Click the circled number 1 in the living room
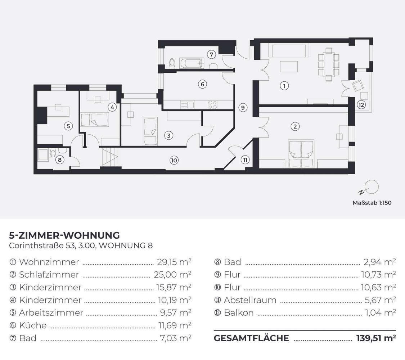tap(284, 86)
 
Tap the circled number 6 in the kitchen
tap(203, 84)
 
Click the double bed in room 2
tap(301, 154)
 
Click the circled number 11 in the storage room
tap(245, 160)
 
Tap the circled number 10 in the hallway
tap(174, 161)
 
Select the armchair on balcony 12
tap(359, 86)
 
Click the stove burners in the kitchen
tap(212, 104)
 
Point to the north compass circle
tap(371, 186)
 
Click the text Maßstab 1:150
tap(372, 203)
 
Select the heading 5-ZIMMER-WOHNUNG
tap(64, 235)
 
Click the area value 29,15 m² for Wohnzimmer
tap(174, 262)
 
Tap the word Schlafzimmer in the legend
tap(49, 275)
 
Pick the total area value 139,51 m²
tap(376, 338)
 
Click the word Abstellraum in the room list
tap(250, 300)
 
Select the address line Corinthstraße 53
tap(81, 246)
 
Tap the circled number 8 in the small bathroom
tap(60, 159)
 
